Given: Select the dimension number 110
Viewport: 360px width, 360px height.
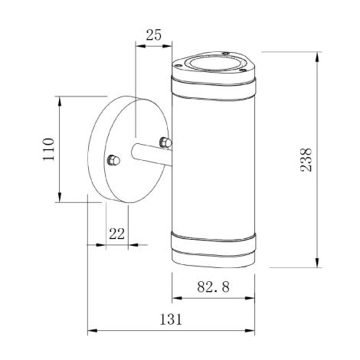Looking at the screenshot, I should click(47, 149).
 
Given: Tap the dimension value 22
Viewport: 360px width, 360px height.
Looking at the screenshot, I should click(116, 234).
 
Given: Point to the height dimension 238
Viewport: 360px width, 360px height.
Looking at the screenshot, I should click(306, 160).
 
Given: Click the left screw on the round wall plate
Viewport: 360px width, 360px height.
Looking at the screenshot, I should click(113, 160).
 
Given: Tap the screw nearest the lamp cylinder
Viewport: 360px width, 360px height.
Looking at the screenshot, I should click(162, 140).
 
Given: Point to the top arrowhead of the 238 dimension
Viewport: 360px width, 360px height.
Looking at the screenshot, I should click(317, 55).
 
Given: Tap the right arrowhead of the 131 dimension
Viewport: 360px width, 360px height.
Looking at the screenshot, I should click(250, 331).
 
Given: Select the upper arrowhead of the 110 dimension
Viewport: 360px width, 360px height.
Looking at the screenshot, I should click(59, 100).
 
